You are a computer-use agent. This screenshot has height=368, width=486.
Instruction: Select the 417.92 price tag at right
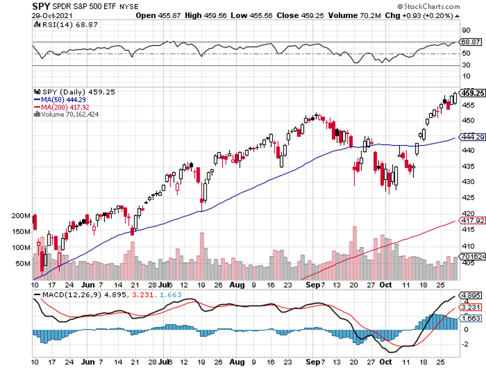tap(472, 220)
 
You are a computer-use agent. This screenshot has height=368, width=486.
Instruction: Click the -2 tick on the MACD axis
tap(466, 344)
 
